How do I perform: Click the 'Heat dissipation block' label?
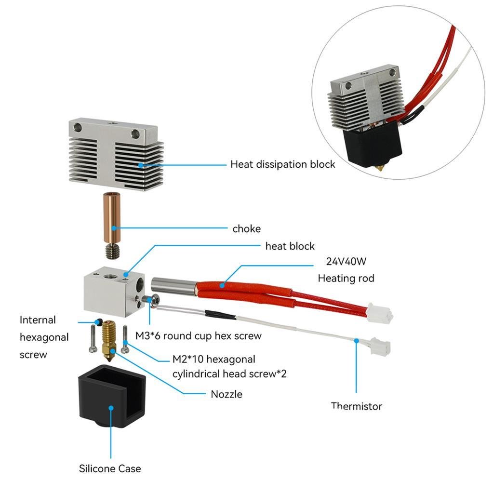[282, 164]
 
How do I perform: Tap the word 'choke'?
[246, 228]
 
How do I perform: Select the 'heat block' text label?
[290, 246]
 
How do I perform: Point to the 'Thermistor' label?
[356, 406]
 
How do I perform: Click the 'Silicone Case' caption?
[110, 468]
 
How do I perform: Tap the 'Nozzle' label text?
[227, 394]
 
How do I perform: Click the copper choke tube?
[112, 217]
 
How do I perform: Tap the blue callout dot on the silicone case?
[111, 408]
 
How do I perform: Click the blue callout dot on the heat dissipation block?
[140, 165]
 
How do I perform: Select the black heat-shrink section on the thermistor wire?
[221, 315]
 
